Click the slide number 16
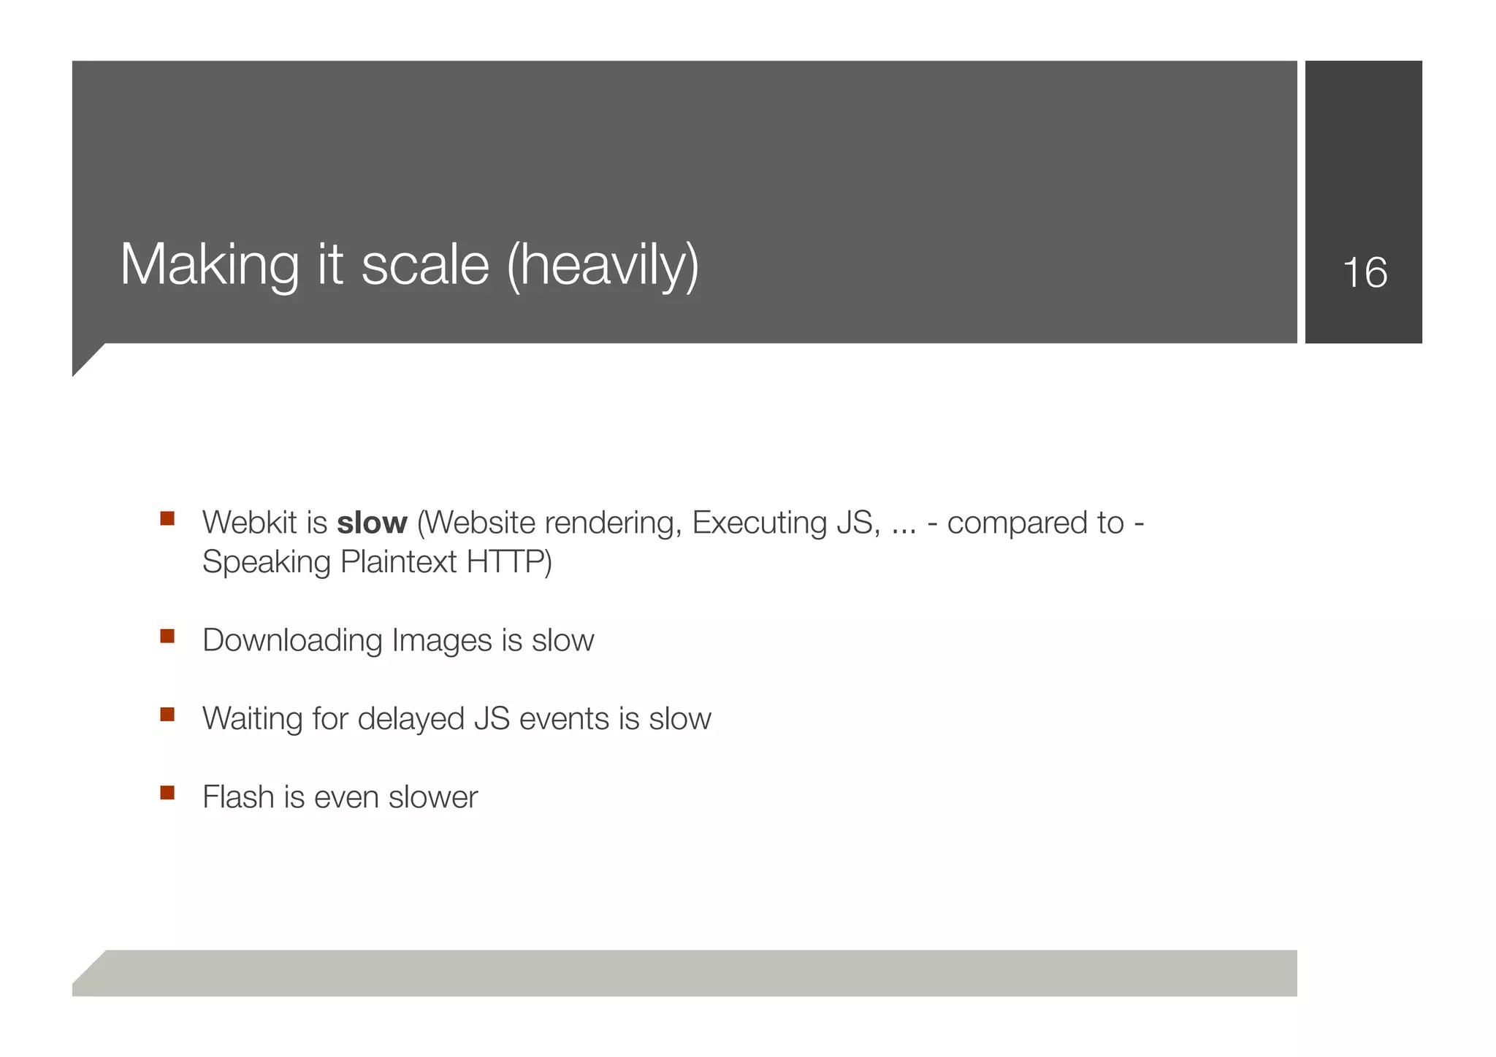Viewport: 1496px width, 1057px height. point(1365,273)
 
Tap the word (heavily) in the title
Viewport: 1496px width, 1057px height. point(603,264)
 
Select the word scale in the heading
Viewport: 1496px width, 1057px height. point(425,264)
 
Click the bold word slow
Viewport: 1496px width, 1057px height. point(372,523)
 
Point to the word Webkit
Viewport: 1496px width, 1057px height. point(249,523)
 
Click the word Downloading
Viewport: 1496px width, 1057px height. point(292,641)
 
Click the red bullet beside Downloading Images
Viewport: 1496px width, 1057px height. point(167,636)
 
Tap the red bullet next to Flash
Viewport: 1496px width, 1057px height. point(167,793)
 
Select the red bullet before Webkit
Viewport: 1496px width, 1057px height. point(167,518)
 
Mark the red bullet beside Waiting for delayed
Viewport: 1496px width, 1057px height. point(167,714)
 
